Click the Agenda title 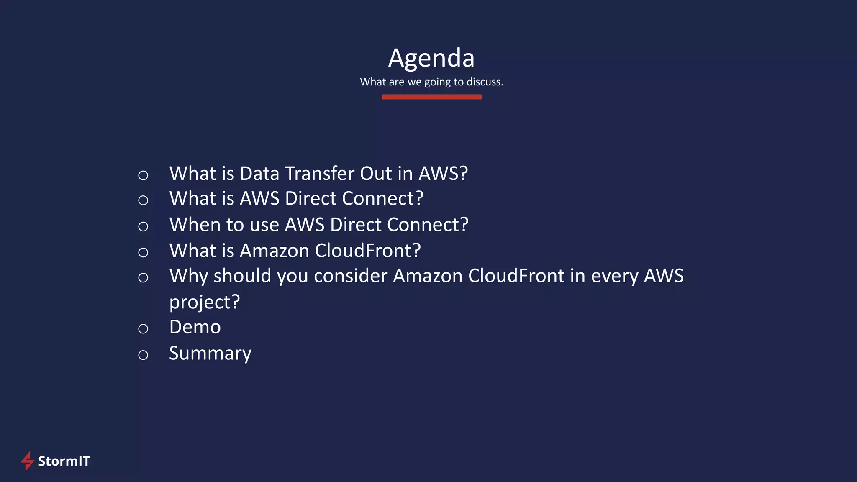coord(431,58)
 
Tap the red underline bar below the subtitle coord(431,97)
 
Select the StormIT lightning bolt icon coord(28,461)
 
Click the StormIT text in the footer coord(64,461)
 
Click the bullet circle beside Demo coord(143,329)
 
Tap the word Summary coord(210,354)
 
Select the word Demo coord(195,327)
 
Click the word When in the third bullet coord(195,225)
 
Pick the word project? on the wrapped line coord(205,302)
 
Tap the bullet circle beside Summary coord(143,355)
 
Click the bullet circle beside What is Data coord(143,175)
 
